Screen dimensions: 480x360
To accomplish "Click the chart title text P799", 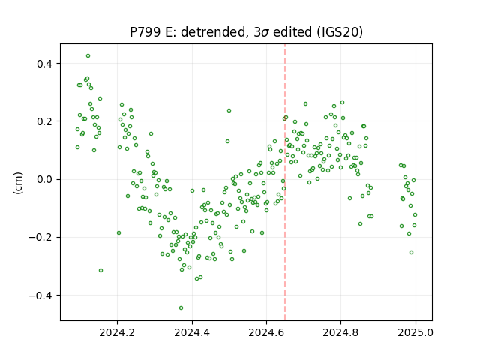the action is [145, 32].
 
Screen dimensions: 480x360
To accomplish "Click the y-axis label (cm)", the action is [18, 183].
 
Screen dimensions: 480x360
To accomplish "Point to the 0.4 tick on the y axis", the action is [45, 64].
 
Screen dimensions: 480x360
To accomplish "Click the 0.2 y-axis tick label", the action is [45, 121].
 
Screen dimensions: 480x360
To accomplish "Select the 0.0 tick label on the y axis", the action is [45, 179].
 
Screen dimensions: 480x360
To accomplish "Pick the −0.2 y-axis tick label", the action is [41, 237].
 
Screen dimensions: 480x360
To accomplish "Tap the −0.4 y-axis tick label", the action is [41, 295].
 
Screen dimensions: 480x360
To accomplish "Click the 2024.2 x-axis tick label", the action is [117, 332].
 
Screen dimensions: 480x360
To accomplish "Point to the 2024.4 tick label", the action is [192, 332].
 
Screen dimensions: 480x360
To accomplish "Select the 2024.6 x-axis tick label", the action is [266, 332].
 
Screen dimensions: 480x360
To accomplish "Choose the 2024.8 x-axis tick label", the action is [340, 332].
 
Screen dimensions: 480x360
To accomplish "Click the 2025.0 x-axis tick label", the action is [415, 332].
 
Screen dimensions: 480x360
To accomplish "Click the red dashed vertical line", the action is [285, 182].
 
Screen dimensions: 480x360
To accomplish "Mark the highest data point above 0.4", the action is [88, 56].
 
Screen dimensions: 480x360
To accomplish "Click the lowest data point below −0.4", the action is [181, 308].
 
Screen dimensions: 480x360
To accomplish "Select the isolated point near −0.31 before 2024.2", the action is [100, 270].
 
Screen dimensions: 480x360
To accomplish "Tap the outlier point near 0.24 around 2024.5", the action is [229, 110].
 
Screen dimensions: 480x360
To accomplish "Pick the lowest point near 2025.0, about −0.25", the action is [412, 252].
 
